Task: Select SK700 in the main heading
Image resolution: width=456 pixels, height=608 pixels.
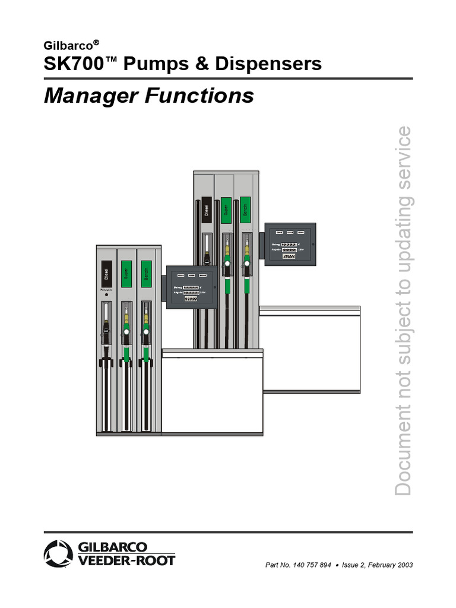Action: coord(70,64)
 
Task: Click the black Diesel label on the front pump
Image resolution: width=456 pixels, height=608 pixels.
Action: coord(106,274)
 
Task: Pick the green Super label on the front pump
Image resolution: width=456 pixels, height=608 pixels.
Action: coord(126,274)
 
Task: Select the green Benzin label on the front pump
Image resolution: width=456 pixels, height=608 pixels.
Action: coord(146,274)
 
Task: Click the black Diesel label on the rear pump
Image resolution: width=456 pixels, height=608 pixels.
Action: coord(205,210)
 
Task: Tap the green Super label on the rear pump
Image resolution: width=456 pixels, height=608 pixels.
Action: coord(226,210)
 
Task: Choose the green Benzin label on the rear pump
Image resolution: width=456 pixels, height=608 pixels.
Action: coord(245,210)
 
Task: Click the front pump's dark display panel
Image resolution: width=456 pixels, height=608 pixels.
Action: coord(191,287)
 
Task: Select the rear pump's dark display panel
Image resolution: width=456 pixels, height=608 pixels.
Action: coord(290,245)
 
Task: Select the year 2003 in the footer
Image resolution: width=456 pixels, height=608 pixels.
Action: coord(404,565)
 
